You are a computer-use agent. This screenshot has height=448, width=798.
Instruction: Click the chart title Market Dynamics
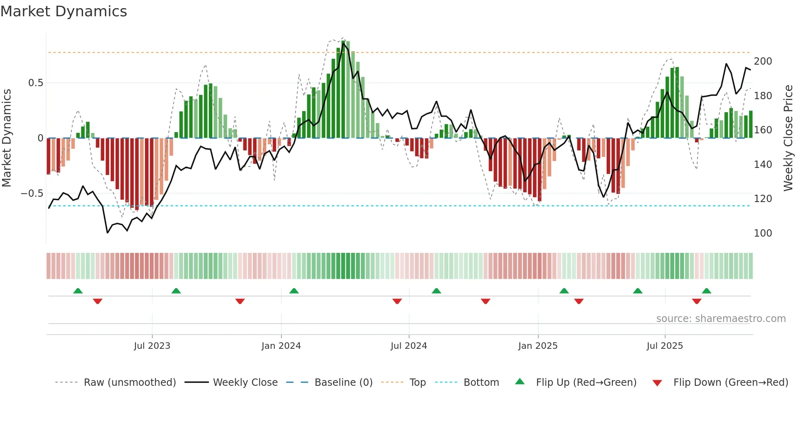point(64,11)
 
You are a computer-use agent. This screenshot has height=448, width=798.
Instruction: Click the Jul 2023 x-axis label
point(152,346)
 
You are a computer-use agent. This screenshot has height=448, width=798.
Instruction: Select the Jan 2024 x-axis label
point(281,346)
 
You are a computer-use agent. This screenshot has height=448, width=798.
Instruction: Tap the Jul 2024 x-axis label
point(409,346)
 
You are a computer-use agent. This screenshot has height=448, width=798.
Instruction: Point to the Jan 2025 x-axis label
point(538,346)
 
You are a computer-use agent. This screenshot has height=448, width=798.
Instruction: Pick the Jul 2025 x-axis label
point(665,346)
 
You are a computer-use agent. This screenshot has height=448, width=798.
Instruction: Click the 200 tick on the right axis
point(763,61)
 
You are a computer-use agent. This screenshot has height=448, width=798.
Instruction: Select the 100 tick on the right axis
point(763,233)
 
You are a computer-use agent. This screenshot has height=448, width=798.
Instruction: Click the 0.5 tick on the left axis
point(35,83)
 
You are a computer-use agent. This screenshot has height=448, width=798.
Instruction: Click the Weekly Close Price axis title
point(788,138)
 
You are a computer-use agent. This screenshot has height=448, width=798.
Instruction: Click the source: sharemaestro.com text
point(721,319)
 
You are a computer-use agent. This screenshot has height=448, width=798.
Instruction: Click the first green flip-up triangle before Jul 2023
point(78,291)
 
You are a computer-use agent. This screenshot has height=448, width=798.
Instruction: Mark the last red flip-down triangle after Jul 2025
point(697,301)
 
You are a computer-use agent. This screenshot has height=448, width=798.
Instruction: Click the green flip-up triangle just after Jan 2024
point(294,291)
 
